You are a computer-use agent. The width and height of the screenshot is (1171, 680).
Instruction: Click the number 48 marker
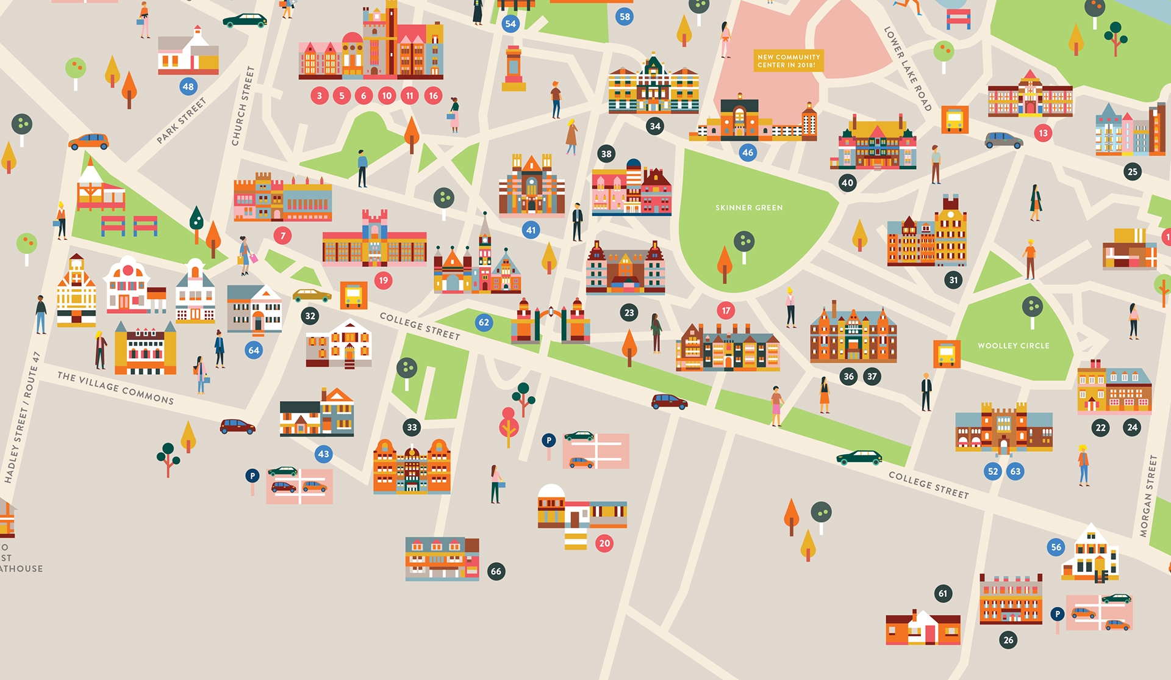[x=188, y=87]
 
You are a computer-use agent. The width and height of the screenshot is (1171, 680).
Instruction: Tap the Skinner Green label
[x=749, y=208]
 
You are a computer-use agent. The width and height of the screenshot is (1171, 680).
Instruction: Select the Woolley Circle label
[x=1014, y=345]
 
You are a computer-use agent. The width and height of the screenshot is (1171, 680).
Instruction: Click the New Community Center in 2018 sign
[x=789, y=61]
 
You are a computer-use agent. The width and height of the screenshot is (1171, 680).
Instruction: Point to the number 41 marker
[x=531, y=230]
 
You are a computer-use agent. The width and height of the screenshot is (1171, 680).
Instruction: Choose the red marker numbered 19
[x=383, y=281]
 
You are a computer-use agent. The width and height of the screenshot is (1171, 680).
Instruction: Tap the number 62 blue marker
[x=484, y=322]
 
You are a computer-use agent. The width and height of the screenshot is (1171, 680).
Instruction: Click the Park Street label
[x=181, y=121]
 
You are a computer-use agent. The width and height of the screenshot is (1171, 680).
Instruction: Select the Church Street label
[x=242, y=106]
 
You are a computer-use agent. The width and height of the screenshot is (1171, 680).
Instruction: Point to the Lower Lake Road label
[x=908, y=68]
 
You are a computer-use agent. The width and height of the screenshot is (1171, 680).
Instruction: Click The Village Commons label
[x=115, y=388]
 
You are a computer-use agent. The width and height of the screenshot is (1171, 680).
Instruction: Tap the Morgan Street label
[x=1148, y=496]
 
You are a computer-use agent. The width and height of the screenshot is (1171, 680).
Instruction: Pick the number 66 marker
[x=496, y=571]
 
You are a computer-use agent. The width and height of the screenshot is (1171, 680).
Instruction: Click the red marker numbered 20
[x=604, y=543]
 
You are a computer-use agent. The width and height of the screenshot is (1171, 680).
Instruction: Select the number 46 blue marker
[x=748, y=153]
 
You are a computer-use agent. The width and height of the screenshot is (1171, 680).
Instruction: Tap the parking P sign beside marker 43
[x=252, y=476]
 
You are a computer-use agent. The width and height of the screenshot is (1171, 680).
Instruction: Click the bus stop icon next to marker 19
[x=354, y=295]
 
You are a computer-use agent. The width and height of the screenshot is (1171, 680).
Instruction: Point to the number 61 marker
[x=943, y=593]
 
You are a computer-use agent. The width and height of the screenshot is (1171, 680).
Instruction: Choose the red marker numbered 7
[x=282, y=236]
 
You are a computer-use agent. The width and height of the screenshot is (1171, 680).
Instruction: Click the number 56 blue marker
[x=1056, y=548]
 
